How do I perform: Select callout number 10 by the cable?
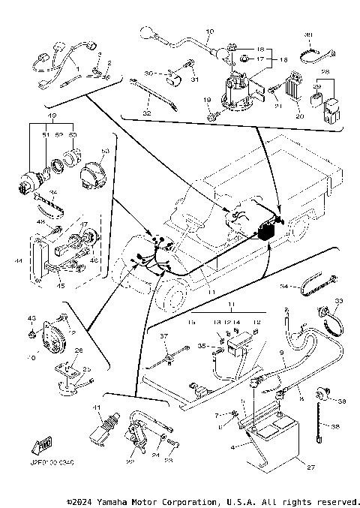click(x=209, y=31)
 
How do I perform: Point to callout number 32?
click(x=147, y=112)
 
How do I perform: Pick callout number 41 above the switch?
click(x=96, y=407)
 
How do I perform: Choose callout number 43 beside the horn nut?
click(x=31, y=319)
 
